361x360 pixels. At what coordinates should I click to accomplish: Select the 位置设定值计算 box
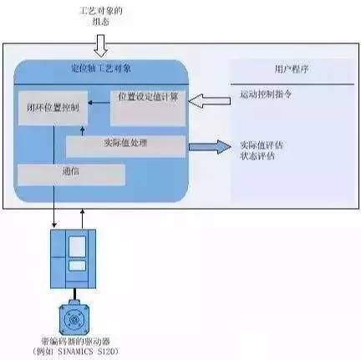148,100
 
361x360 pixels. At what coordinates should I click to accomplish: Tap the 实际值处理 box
125,146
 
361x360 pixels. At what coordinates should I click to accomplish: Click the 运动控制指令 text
265,99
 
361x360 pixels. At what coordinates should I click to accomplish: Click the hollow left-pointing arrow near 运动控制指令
206,102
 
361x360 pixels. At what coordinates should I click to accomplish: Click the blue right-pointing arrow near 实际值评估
209,147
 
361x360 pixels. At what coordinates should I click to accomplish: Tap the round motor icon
74,318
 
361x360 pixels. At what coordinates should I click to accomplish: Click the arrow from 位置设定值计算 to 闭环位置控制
94,101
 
